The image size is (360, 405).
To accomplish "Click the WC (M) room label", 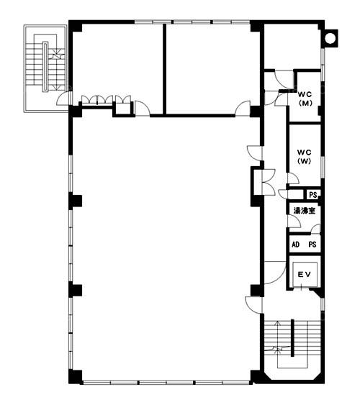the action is [x=305, y=99].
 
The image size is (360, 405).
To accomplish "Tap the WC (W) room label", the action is [x=304, y=157].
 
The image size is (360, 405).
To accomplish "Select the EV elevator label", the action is [x=304, y=274].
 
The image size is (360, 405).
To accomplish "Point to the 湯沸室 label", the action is [x=304, y=211].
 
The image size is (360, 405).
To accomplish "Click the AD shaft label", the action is [x=296, y=245].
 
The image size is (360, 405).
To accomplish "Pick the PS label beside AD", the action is [x=312, y=245].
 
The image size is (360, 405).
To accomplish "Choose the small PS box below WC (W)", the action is [x=313, y=195].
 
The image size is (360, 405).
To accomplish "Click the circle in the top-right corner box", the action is [x=330, y=38].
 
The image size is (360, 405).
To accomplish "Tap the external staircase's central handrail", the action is [x=45, y=67].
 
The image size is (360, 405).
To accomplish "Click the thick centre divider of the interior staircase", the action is [x=292, y=338].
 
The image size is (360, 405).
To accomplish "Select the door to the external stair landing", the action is [x=63, y=99].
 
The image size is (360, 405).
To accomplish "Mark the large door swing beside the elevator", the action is [x=275, y=273].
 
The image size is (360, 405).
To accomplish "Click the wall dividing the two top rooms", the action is [x=164, y=69].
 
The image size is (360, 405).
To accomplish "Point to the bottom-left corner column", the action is [x=75, y=377].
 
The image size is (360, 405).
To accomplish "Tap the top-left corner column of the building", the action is [x=75, y=26].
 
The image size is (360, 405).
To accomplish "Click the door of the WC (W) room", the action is [x=293, y=178].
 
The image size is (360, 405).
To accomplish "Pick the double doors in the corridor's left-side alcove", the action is [x=269, y=182].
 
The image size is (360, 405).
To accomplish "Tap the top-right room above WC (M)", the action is [x=292, y=47].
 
